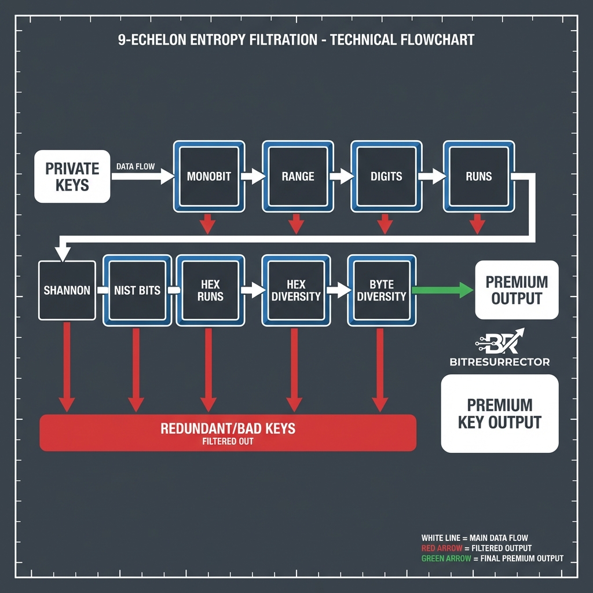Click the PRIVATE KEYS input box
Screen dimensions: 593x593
click(72, 177)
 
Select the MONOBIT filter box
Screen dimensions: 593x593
click(209, 176)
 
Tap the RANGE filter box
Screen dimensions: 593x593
click(298, 176)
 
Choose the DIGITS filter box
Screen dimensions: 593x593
click(386, 176)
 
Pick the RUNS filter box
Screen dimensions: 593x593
click(478, 176)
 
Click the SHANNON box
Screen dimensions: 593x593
click(67, 290)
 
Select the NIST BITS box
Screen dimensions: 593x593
click(137, 290)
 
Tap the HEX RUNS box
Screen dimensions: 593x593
click(209, 290)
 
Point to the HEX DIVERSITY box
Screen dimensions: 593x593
click(295, 290)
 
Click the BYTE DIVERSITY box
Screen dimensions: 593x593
click(382, 290)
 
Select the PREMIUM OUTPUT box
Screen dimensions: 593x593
click(517, 290)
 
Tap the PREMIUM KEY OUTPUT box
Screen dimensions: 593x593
click(500, 413)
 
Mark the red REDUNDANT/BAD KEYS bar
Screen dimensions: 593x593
click(228, 433)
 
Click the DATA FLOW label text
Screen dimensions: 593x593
click(136, 166)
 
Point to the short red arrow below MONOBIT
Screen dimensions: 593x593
click(207, 224)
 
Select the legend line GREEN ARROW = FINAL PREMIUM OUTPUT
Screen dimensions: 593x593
click(492, 559)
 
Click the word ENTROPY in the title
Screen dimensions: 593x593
click(215, 40)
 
